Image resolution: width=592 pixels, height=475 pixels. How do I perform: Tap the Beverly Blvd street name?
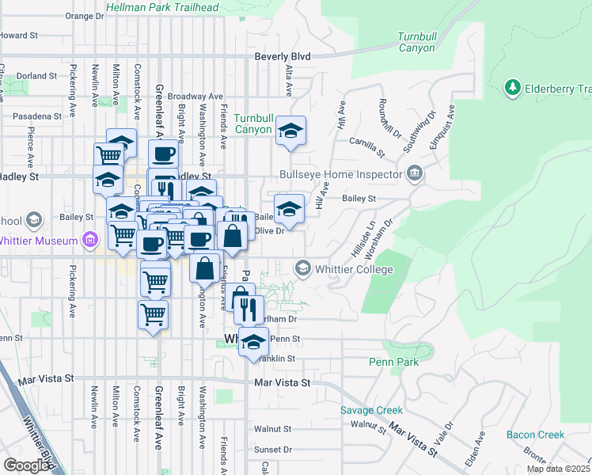point(283,57)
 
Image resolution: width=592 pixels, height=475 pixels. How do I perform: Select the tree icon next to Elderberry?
point(513,86)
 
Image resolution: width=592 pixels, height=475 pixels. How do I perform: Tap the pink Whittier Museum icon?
point(90,241)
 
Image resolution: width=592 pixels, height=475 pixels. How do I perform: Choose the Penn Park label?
point(393,362)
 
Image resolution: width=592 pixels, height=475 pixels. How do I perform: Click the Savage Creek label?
point(371,410)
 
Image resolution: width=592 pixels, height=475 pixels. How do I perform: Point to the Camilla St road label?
point(368,146)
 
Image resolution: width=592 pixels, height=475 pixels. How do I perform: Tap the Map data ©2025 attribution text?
point(559,469)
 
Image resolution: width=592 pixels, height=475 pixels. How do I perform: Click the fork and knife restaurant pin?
point(249,309)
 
